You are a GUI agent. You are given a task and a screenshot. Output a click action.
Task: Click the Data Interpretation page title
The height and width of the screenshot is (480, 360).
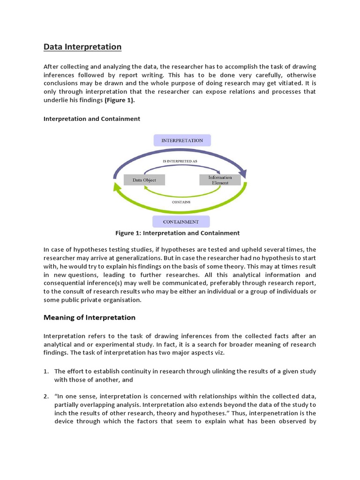click(x=82, y=47)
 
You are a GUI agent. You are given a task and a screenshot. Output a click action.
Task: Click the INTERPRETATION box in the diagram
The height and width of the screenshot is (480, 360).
click(x=182, y=140)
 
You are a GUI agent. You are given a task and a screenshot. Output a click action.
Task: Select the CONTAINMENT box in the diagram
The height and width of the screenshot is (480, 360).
click(x=180, y=222)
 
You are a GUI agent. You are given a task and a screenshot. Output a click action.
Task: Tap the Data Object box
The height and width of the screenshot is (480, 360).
click(x=144, y=180)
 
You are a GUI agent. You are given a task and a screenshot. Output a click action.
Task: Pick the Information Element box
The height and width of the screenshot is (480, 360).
click(x=220, y=180)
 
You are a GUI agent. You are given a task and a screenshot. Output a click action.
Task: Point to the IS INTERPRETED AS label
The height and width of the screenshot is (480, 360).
click(x=180, y=161)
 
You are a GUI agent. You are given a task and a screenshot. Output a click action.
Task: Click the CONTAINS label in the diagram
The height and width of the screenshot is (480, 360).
click(x=181, y=202)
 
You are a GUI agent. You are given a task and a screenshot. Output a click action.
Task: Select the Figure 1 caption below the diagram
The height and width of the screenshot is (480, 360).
click(x=177, y=233)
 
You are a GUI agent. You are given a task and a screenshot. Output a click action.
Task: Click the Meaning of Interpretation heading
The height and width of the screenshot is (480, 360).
click(x=90, y=317)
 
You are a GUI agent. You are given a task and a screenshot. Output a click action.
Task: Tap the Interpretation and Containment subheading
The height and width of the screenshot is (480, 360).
click(x=92, y=119)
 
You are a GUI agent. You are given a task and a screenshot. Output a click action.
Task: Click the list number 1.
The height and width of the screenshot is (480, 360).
click(x=46, y=371)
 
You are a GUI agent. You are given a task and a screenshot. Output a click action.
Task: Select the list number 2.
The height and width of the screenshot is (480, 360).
click(x=46, y=397)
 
